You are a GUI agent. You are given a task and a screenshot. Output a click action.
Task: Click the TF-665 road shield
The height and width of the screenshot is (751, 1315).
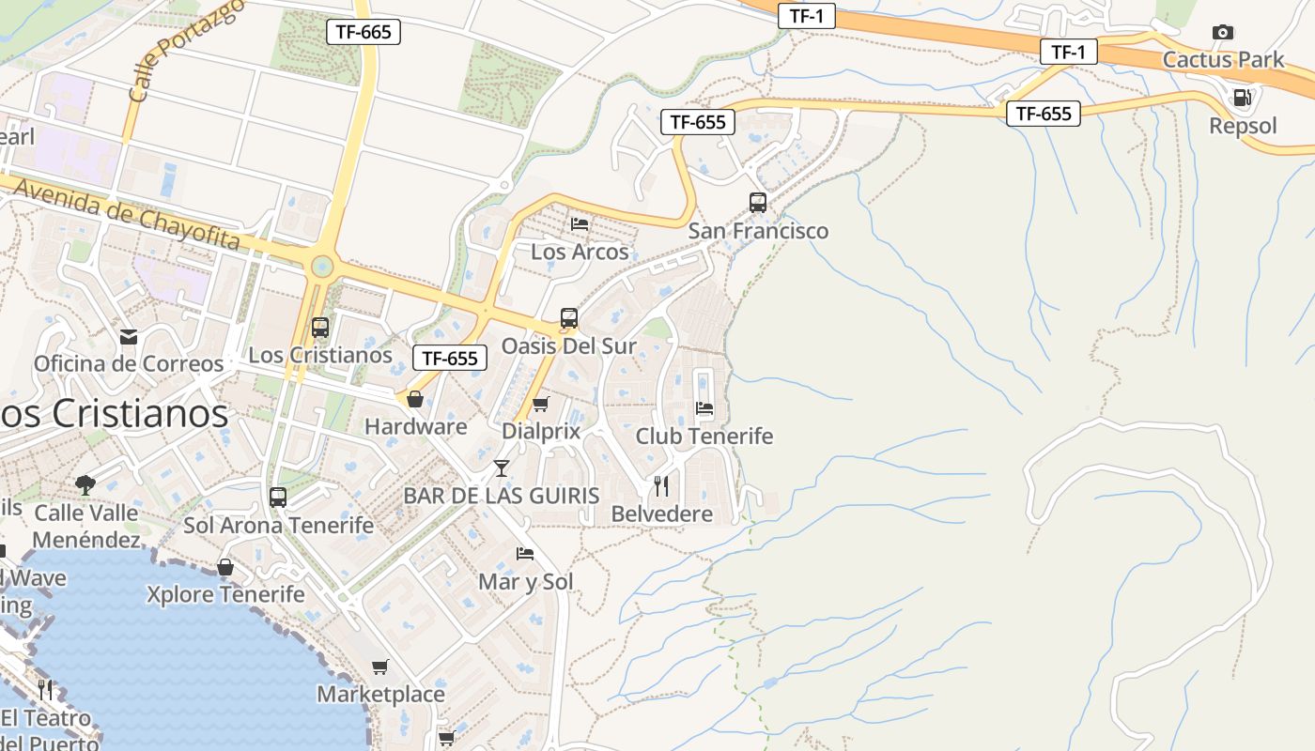click(363, 32)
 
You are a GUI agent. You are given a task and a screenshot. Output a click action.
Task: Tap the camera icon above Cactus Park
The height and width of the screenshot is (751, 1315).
click(1222, 33)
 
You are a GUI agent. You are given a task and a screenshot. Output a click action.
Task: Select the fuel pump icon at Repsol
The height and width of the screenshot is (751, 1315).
click(1242, 98)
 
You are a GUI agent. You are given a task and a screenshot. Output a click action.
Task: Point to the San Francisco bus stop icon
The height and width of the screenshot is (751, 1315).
click(757, 202)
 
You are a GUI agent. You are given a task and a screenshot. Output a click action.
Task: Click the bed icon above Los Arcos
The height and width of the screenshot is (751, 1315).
click(580, 224)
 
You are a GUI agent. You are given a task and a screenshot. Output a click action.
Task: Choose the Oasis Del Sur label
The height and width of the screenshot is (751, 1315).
click(568, 346)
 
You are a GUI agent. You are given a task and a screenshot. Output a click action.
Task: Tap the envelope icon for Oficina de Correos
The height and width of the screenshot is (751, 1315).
click(128, 336)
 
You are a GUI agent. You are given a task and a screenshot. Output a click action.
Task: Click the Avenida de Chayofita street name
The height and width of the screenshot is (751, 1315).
click(127, 216)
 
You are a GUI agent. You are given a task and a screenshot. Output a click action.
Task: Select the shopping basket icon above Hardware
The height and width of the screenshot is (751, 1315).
click(415, 400)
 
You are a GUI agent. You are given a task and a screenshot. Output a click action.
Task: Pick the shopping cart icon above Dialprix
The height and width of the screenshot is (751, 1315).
click(540, 405)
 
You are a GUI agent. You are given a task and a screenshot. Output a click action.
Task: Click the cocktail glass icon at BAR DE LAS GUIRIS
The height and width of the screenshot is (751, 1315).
click(502, 467)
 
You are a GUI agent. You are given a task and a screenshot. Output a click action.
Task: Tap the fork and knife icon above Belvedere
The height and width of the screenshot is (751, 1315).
click(661, 485)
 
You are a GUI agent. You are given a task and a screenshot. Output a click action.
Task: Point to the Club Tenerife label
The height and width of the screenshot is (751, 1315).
click(704, 437)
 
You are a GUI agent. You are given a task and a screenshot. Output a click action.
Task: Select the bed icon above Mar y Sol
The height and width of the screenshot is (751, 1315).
click(525, 554)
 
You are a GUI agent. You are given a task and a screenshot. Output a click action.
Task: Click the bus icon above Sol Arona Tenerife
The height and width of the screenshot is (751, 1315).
click(278, 498)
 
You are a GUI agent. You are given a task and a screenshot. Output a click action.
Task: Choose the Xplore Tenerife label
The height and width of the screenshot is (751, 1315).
click(225, 594)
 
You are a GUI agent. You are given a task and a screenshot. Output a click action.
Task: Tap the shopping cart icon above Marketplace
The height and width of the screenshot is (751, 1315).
click(380, 667)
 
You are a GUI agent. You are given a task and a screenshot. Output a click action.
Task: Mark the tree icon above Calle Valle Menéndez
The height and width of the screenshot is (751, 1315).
click(85, 484)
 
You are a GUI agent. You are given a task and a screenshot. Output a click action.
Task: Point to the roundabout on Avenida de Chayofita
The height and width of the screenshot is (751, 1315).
click(322, 267)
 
